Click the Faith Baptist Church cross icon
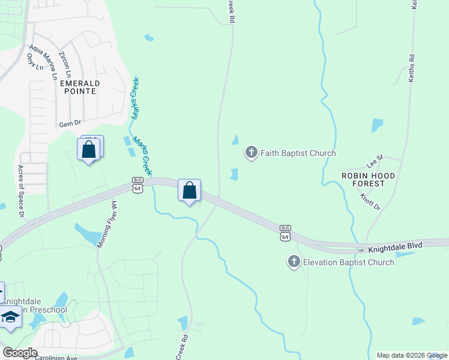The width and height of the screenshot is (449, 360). [x=251, y=153]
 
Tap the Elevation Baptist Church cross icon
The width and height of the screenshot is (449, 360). [x=294, y=262]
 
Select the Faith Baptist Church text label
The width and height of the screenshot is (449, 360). [x=298, y=154]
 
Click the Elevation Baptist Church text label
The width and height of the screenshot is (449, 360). [x=348, y=262]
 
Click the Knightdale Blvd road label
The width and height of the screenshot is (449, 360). [x=396, y=246]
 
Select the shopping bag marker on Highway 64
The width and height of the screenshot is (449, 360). [x=189, y=191]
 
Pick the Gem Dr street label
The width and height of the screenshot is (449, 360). [x=70, y=124]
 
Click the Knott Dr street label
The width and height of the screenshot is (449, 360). [x=370, y=202]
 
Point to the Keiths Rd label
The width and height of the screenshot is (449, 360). [x=412, y=69]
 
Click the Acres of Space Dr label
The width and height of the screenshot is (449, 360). [x=21, y=191]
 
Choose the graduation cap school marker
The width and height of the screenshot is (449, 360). [x=10, y=317]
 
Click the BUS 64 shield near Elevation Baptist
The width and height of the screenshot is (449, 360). [x=286, y=233]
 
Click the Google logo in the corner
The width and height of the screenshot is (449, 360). [x=20, y=353]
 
